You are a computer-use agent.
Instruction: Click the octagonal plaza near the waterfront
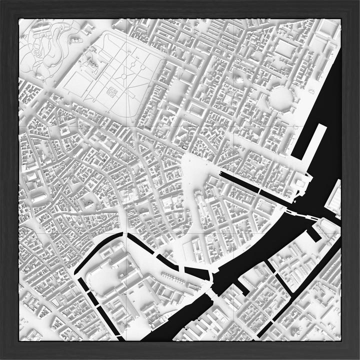(282, 97)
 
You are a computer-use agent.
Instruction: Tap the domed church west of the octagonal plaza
(238, 79)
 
